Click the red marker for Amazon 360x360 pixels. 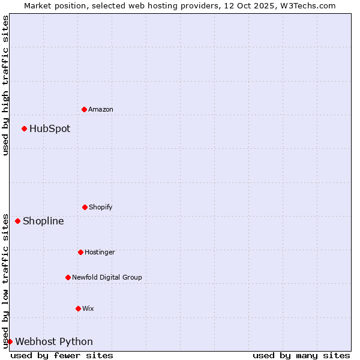point(84,109)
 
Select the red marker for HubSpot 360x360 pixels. point(24,128)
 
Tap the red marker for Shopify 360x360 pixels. point(85,207)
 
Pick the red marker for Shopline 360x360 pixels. point(17,221)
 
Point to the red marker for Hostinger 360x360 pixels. point(80,252)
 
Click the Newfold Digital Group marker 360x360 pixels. point(68,277)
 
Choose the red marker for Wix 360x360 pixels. point(78,308)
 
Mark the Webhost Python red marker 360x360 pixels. point(10,341)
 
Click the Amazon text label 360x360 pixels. point(101,109)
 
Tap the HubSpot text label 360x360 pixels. point(50,128)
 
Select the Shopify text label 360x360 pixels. point(101,207)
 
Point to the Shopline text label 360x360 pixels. point(43,221)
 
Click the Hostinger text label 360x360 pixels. point(100,252)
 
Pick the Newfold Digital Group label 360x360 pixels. point(107,277)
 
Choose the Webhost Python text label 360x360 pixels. point(54,341)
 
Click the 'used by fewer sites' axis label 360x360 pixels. point(62,355)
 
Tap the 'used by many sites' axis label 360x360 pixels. point(301,355)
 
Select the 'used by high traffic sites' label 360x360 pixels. point(5,85)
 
